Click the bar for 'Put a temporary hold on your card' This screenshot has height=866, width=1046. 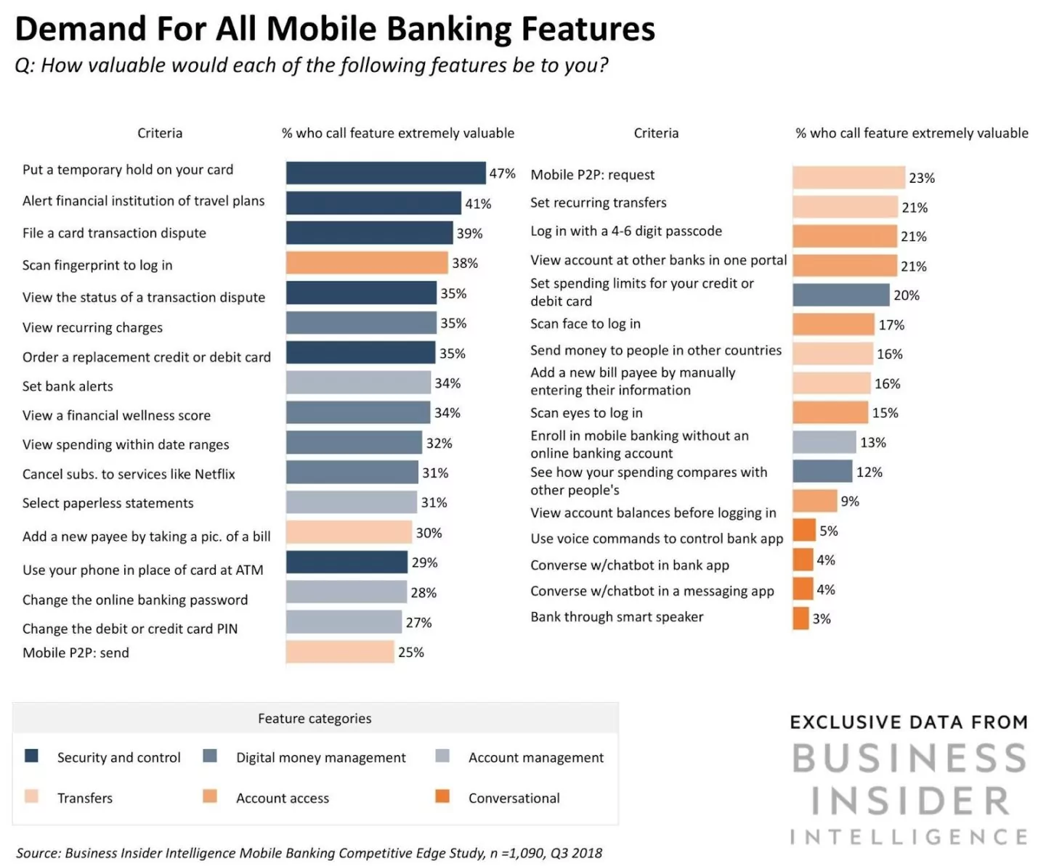[385, 173]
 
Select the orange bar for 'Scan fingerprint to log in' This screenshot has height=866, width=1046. [366, 263]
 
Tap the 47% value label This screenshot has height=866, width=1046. [502, 173]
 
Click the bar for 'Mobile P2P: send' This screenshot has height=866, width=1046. [339, 652]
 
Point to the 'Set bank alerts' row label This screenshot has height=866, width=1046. [68, 386]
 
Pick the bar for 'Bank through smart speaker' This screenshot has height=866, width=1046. [800, 618]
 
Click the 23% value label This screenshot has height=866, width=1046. [921, 178]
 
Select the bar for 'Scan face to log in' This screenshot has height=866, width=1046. [832, 324]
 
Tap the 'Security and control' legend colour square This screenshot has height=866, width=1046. [31, 756]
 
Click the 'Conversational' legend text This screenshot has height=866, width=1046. [514, 798]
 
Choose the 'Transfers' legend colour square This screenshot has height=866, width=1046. [31, 796]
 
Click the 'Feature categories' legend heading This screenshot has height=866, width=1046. [315, 719]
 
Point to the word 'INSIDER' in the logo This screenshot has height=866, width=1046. [909, 801]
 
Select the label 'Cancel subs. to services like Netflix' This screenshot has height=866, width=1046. [129, 474]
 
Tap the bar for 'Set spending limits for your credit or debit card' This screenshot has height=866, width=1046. [840, 295]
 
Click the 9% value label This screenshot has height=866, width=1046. [850, 501]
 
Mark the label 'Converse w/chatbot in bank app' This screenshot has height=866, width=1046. [629, 565]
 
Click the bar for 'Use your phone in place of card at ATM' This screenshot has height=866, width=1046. [346, 563]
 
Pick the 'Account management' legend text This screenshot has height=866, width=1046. [535, 757]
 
